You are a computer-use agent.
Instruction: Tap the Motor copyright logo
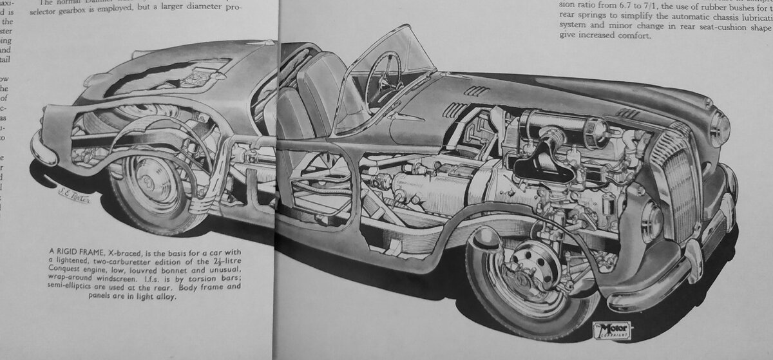click(612, 330)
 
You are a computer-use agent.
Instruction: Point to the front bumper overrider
click(693, 260)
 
